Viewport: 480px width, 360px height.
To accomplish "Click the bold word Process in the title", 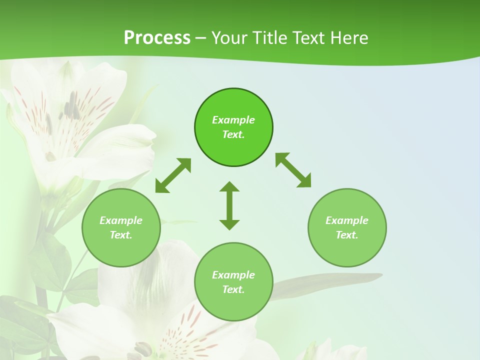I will click(x=157, y=38).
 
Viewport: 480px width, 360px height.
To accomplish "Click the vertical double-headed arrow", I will click(x=229, y=205).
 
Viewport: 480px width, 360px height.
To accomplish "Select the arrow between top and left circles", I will click(x=173, y=175).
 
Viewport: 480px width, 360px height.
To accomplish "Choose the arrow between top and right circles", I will click(x=293, y=170).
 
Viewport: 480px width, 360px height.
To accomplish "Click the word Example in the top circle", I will click(x=233, y=120).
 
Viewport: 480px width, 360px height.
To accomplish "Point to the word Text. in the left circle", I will click(x=121, y=235).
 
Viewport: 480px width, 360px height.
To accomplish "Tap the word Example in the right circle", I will click(x=347, y=220).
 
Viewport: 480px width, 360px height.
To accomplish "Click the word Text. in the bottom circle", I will click(x=233, y=289).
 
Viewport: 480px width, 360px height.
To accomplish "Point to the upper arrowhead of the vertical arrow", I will click(x=229, y=186).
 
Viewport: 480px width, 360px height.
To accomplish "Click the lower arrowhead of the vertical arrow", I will click(x=229, y=224).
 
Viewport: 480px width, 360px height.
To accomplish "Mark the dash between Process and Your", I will click(x=201, y=38).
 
